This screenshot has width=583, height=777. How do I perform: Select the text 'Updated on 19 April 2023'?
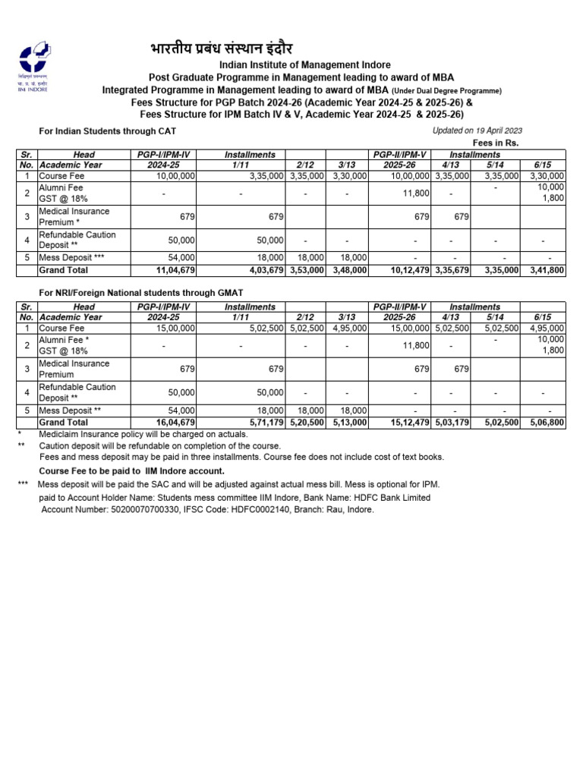point(477,131)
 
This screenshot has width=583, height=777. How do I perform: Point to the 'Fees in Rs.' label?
point(495,143)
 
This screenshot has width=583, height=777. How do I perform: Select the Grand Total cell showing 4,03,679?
point(263,270)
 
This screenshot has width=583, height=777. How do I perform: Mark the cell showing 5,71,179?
point(263,423)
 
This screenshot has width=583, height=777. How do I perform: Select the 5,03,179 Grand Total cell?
point(452,423)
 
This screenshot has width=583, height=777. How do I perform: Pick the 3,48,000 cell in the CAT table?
point(348,270)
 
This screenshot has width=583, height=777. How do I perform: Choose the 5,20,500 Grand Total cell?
point(307,423)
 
